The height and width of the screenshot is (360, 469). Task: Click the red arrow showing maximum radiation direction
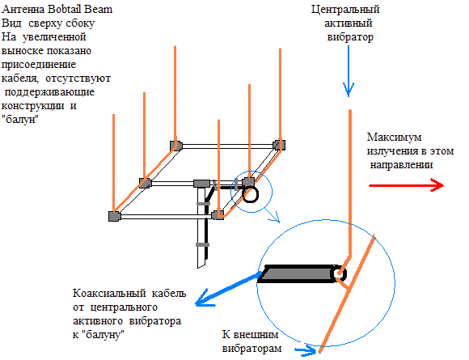tap(406, 185)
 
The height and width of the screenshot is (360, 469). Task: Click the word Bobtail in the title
tap(65, 9)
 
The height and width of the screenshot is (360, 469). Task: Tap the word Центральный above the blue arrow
tap(345, 10)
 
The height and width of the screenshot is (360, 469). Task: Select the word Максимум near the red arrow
tap(395, 137)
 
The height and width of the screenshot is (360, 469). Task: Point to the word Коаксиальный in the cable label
tap(109, 293)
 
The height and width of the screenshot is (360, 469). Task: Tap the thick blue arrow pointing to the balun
tap(228, 289)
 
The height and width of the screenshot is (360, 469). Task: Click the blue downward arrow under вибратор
tap(349, 71)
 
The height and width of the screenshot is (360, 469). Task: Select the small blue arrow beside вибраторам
tap(306, 349)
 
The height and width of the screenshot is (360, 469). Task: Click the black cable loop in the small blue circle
tap(251, 194)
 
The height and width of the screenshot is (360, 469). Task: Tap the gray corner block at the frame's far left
tap(114, 216)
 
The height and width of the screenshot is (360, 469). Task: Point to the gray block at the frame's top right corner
tap(279, 145)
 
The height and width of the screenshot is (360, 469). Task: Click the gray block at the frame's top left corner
tap(176, 146)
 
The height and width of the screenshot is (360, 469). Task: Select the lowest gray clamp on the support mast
tap(202, 245)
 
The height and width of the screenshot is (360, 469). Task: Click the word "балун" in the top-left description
tap(20, 120)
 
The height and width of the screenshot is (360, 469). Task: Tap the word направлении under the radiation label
tap(401, 165)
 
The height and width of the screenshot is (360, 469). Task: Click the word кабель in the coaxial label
tap(169, 293)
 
